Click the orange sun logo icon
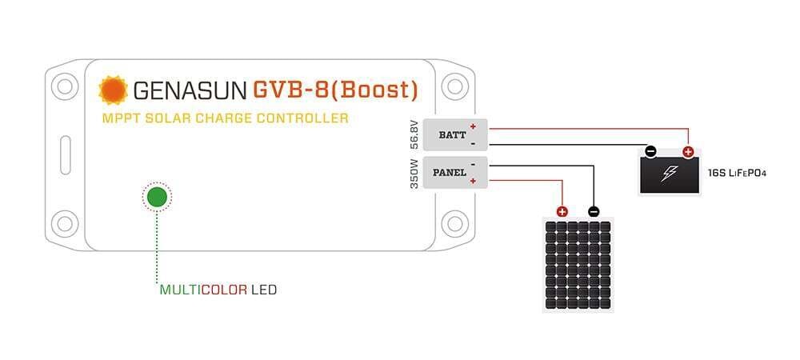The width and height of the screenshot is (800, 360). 113,90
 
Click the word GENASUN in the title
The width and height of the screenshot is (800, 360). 189,90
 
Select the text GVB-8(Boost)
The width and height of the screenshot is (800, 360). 335,90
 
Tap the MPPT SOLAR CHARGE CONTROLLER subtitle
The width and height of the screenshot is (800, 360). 225,118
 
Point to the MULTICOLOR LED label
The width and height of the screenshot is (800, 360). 218,290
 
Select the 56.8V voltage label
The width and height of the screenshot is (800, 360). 414,134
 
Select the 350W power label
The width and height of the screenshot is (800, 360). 414,173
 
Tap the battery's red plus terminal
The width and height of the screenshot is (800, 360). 688,151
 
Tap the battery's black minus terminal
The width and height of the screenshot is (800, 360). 651,151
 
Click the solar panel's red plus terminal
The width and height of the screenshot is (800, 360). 562,212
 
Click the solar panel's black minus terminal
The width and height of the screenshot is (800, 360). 594,212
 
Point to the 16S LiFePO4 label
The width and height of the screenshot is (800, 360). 737,172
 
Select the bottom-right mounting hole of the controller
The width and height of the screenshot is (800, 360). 454,222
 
